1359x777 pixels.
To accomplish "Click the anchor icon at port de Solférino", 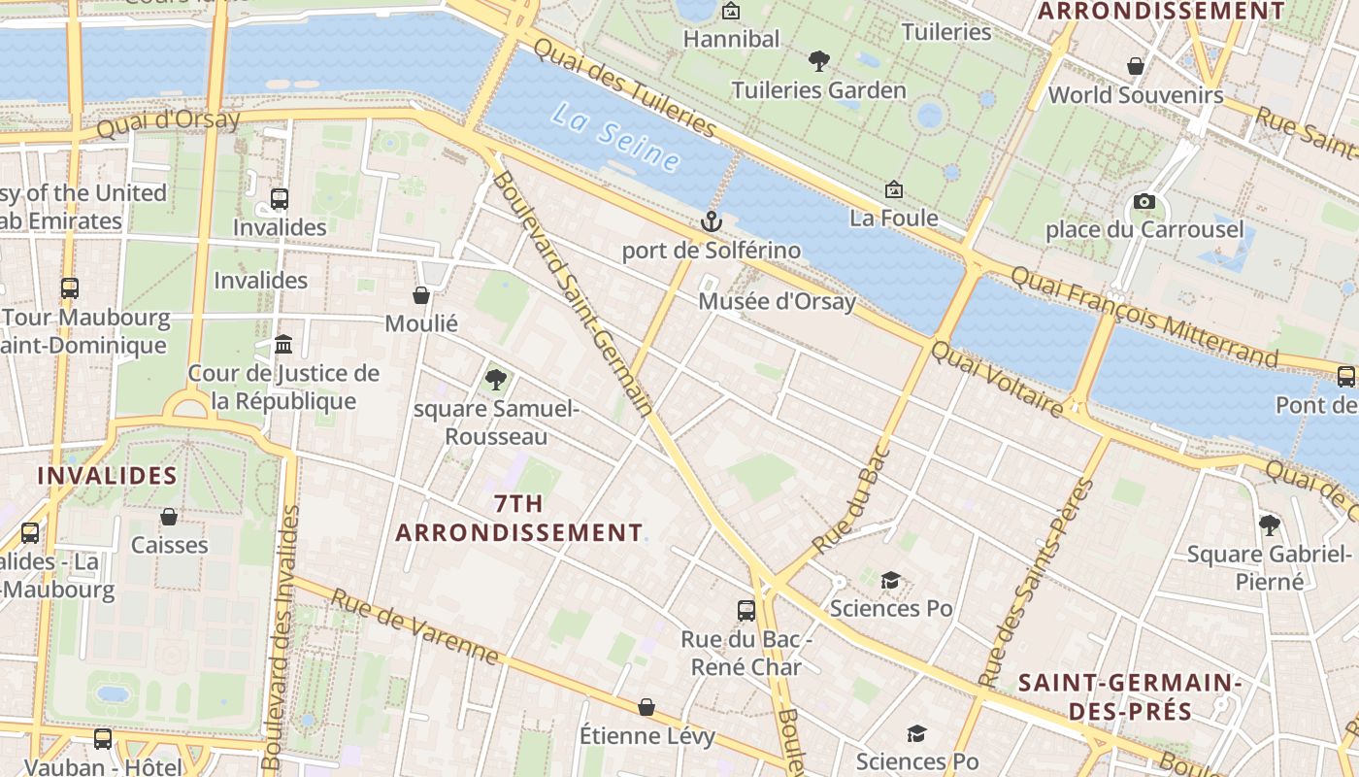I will tap(712, 221).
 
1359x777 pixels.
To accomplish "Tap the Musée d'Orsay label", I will tap(777, 301).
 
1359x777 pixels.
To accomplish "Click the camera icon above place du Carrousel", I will tap(1144, 201).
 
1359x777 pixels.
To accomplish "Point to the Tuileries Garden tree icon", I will tap(819, 61).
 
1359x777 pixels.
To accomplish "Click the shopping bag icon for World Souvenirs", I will tap(1135, 66).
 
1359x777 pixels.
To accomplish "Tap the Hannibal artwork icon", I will tap(731, 12).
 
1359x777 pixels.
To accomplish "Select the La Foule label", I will tap(893, 218).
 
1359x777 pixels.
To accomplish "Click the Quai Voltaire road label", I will tap(997, 379).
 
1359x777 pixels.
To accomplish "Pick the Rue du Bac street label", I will tap(848, 499).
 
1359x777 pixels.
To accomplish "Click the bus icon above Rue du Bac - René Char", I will tap(746, 610).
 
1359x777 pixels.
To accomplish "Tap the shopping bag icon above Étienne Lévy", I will tap(646, 707).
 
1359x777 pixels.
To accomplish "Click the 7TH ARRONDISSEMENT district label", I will tap(518, 518).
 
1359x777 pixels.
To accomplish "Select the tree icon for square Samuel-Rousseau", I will tap(496, 379).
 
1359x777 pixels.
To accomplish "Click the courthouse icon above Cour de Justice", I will tap(283, 344).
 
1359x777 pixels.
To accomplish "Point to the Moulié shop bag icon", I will tap(421, 294).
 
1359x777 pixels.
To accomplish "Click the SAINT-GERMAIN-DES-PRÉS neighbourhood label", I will tap(1130, 696).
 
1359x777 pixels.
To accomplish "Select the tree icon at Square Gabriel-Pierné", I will tap(1269, 525).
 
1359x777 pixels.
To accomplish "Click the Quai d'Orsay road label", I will tap(168, 122).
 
